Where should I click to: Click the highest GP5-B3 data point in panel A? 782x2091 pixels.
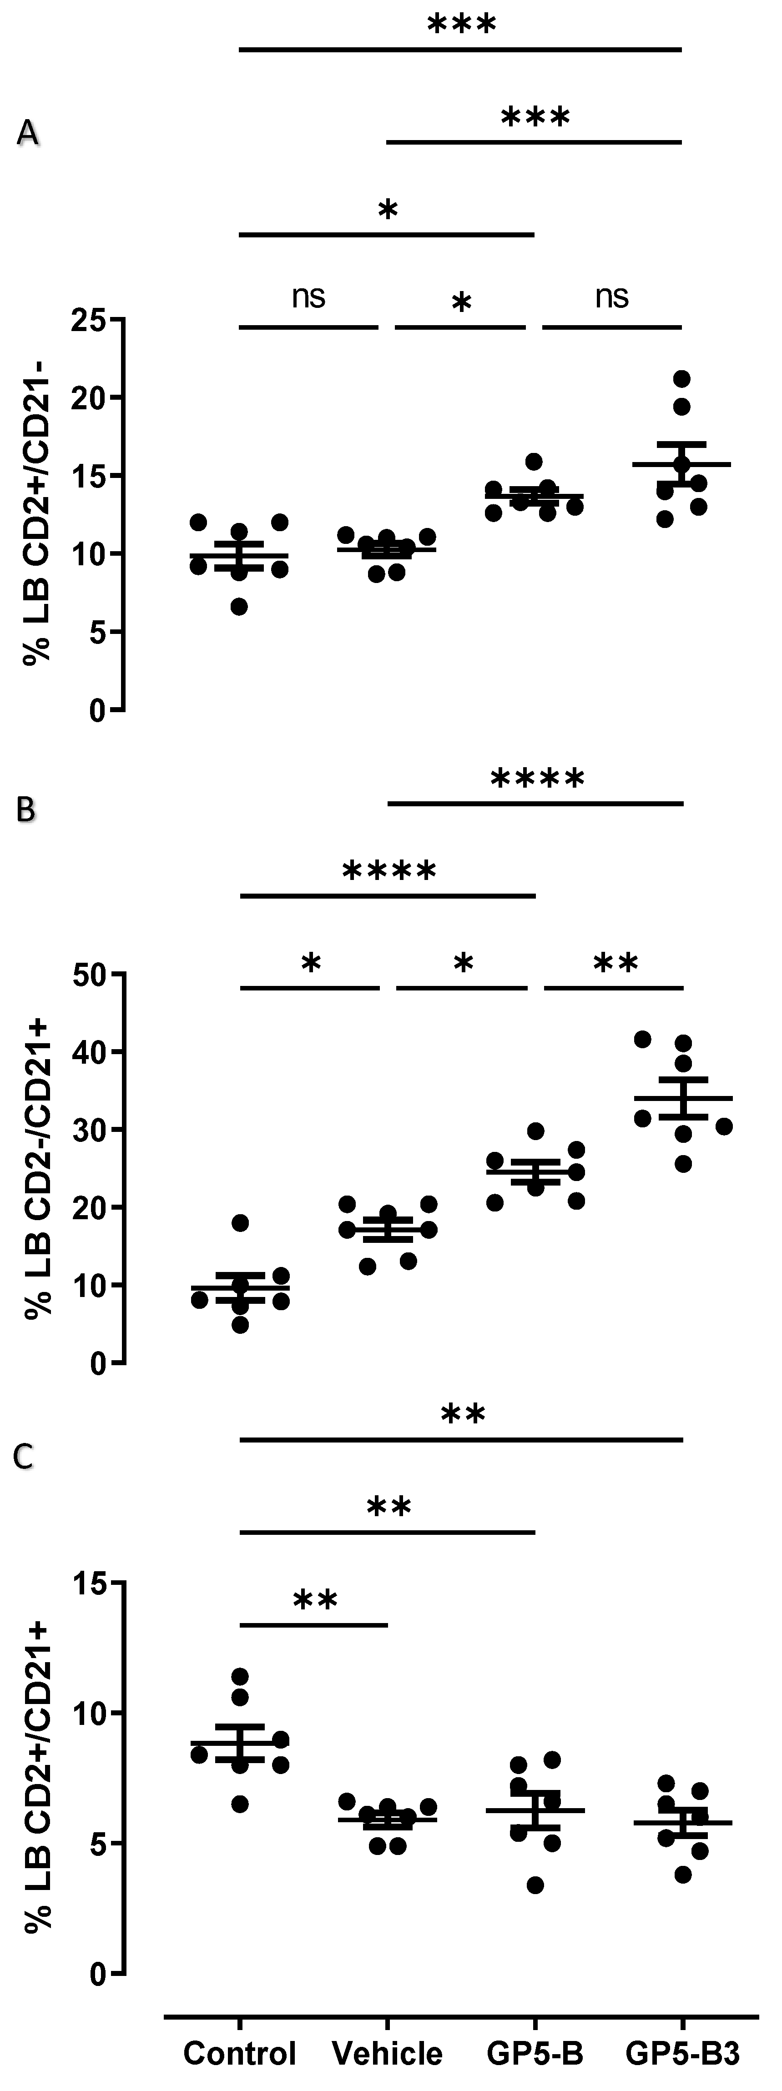[682, 378]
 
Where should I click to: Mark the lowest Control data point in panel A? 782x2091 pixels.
[240, 606]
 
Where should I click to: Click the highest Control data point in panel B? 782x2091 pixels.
[240, 1222]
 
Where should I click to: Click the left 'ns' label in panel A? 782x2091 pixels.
[308, 297]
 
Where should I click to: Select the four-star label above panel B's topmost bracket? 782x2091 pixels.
[537, 779]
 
